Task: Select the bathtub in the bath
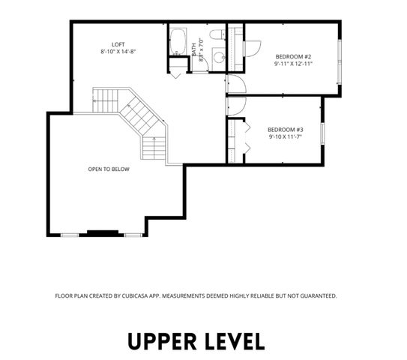(179, 42)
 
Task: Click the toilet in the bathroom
(216, 36)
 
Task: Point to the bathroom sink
(217, 56)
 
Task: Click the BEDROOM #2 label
(293, 57)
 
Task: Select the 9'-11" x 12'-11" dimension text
(293, 64)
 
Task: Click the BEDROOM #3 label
(285, 130)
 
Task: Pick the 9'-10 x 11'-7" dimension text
(285, 137)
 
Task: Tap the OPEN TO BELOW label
(109, 169)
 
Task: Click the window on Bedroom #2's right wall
(340, 55)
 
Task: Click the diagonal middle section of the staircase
(138, 117)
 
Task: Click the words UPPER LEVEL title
(196, 341)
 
